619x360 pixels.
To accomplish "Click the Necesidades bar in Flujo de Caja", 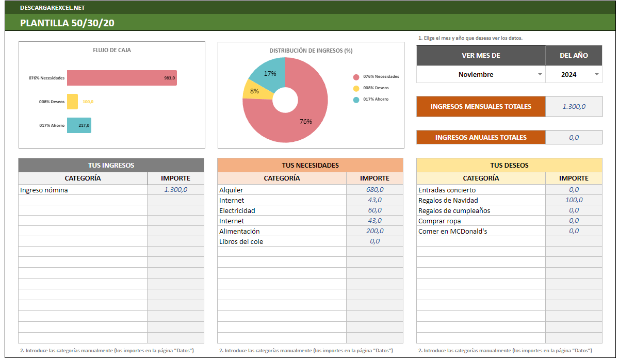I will [x=122, y=78].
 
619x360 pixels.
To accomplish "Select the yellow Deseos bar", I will [x=72, y=102].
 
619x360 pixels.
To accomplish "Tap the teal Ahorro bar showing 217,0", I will [x=79, y=125].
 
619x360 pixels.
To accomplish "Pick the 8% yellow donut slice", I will [x=252, y=91].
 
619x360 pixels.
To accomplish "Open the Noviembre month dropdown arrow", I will [x=540, y=74].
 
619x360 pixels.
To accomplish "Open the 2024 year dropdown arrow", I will [x=596, y=74].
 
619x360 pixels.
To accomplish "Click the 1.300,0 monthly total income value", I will [x=574, y=107].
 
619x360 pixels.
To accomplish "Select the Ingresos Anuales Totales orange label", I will [x=481, y=137].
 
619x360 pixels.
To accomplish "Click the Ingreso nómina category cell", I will [x=83, y=190].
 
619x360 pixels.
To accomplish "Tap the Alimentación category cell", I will [x=281, y=231].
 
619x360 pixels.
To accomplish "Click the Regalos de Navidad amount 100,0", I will [x=574, y=200].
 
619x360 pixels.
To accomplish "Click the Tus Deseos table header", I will [x=509, y=165].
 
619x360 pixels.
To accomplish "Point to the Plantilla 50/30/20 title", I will [x=67, y=23].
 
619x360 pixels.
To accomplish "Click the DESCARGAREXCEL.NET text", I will [x=52, y=8].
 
